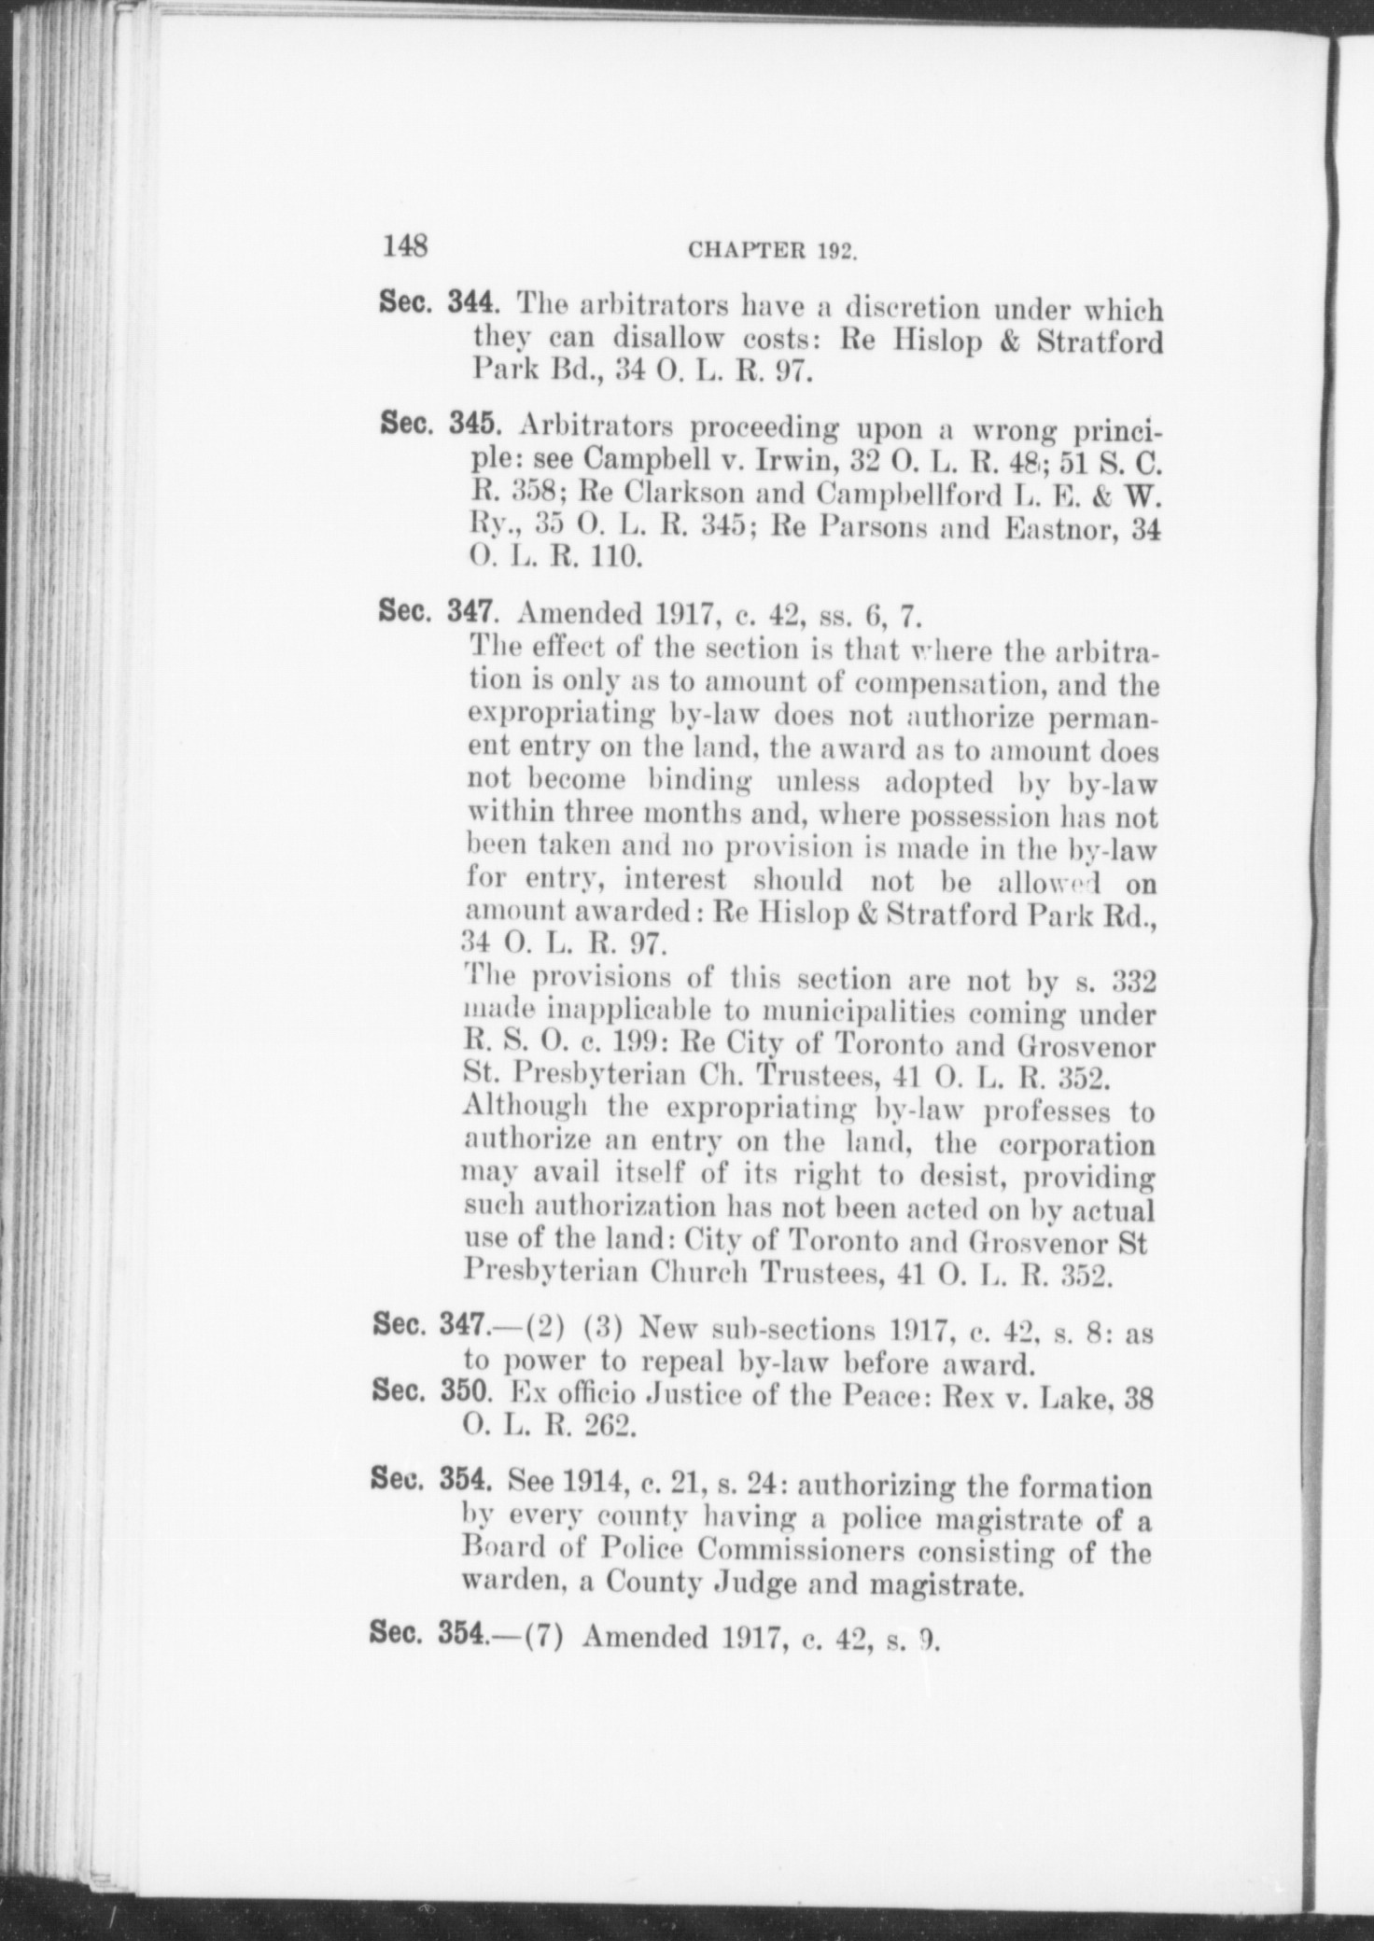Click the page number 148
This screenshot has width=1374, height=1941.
[403, 246]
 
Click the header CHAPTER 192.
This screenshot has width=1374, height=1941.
[772, 251]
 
